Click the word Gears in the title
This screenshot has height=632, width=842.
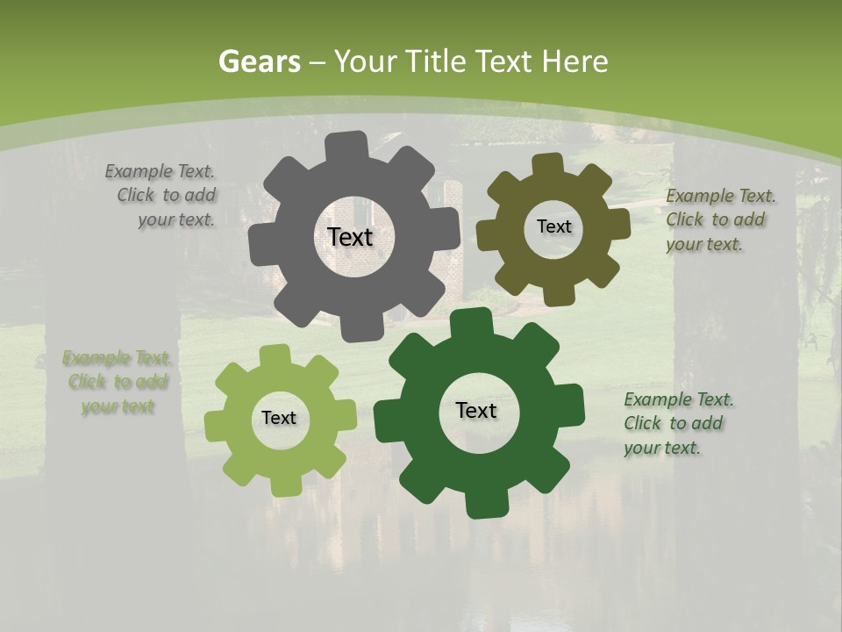pyautogui.click(x=259, y=61)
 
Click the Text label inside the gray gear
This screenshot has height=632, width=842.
pyautogui.click(x=350, y=237)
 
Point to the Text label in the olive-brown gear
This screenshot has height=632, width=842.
pyautogui.click(x=553, y=226)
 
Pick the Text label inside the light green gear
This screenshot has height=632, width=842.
pyautogui.click(x=279, y=418)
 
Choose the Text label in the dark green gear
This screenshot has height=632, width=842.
pyautogui.click(x=476, y=410)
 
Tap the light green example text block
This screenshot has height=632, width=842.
pyautogui.click(x=118, y=382)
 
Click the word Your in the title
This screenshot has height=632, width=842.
pyautogui.click(x=361, y=61)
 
